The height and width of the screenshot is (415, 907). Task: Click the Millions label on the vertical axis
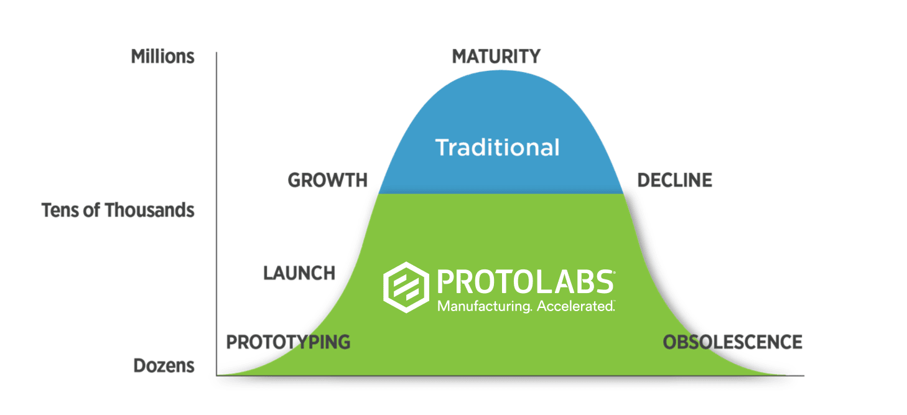tap(162, 57)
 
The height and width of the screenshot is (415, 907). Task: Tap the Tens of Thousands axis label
tap(118, 210)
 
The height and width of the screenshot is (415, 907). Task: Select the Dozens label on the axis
tap(164, 366)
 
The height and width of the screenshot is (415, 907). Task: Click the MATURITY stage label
tap(496, 56)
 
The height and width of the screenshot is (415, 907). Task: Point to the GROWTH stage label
tap(328, 180)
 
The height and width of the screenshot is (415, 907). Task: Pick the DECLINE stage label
tap(674, 180)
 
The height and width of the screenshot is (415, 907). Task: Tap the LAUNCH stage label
tap(299, 273)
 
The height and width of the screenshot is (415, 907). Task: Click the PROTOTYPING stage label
tap(288, 342)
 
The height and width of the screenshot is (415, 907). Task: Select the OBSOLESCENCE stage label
tap(732, 342)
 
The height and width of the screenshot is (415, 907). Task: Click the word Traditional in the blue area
tap(497, 147)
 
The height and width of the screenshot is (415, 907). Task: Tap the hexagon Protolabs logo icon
tap(406, 287)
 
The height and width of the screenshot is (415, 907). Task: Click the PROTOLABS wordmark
tap(526, 282)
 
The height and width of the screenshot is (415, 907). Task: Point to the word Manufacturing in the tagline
tap(484, 306)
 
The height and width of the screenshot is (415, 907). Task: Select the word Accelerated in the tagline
tap(575, 306)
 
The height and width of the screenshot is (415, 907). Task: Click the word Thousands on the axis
tap(150, 210)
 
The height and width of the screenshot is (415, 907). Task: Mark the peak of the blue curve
tap(501, 71)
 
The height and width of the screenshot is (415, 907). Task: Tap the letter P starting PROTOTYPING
tap(232, 342)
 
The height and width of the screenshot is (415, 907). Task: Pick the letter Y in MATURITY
tap(534, 56)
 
